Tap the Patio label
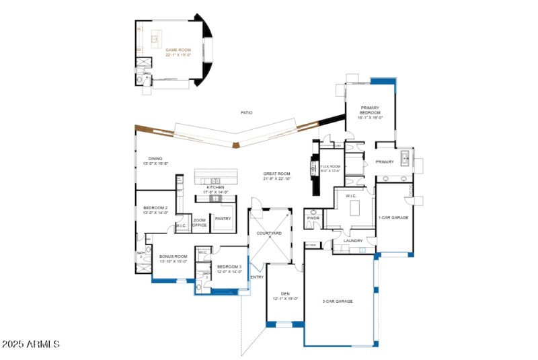tap(247, 112)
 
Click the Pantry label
tap(223, 218)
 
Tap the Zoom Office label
tap(200, 223)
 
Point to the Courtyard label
tap(269, 233)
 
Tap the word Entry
tap(257, 277)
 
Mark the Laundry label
tap(353, 240)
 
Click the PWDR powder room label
tap(313, 218)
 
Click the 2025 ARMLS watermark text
tap(30, 344)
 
